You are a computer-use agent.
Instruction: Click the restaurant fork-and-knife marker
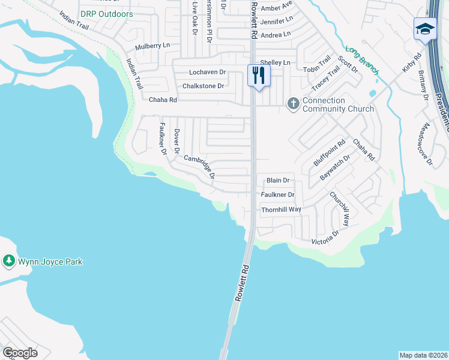point(259,76)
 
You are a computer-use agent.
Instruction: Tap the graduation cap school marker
point(424,29)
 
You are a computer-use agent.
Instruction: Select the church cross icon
point(294,104)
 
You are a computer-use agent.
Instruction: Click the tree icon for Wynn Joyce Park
point(8,261)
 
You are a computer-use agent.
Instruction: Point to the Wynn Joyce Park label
point(50,262)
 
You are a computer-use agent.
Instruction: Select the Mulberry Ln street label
point(152,46)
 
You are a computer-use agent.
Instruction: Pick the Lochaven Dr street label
point(207,72)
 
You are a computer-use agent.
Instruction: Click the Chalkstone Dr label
point(203,86)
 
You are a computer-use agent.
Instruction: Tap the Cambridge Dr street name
point(199,167)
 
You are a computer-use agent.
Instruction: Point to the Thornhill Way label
point(281,209)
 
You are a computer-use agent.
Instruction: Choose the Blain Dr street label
point(278,180)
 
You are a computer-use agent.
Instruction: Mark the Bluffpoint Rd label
point(330,154)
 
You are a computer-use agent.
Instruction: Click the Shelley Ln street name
point(276,62)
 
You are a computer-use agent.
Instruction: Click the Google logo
point(20,353)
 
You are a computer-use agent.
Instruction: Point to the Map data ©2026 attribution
point(423,355)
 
